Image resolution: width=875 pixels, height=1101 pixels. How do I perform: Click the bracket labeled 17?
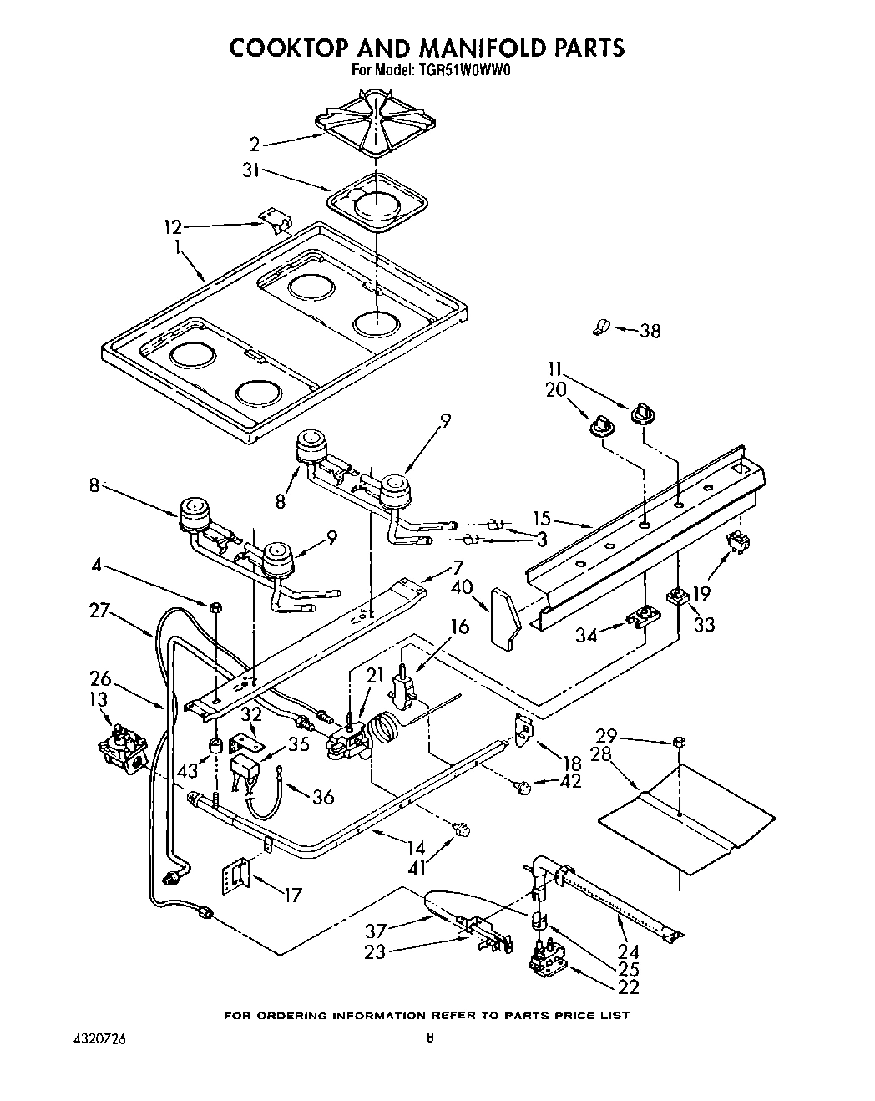(235, 878)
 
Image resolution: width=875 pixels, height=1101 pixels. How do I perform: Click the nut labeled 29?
(678, 740)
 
